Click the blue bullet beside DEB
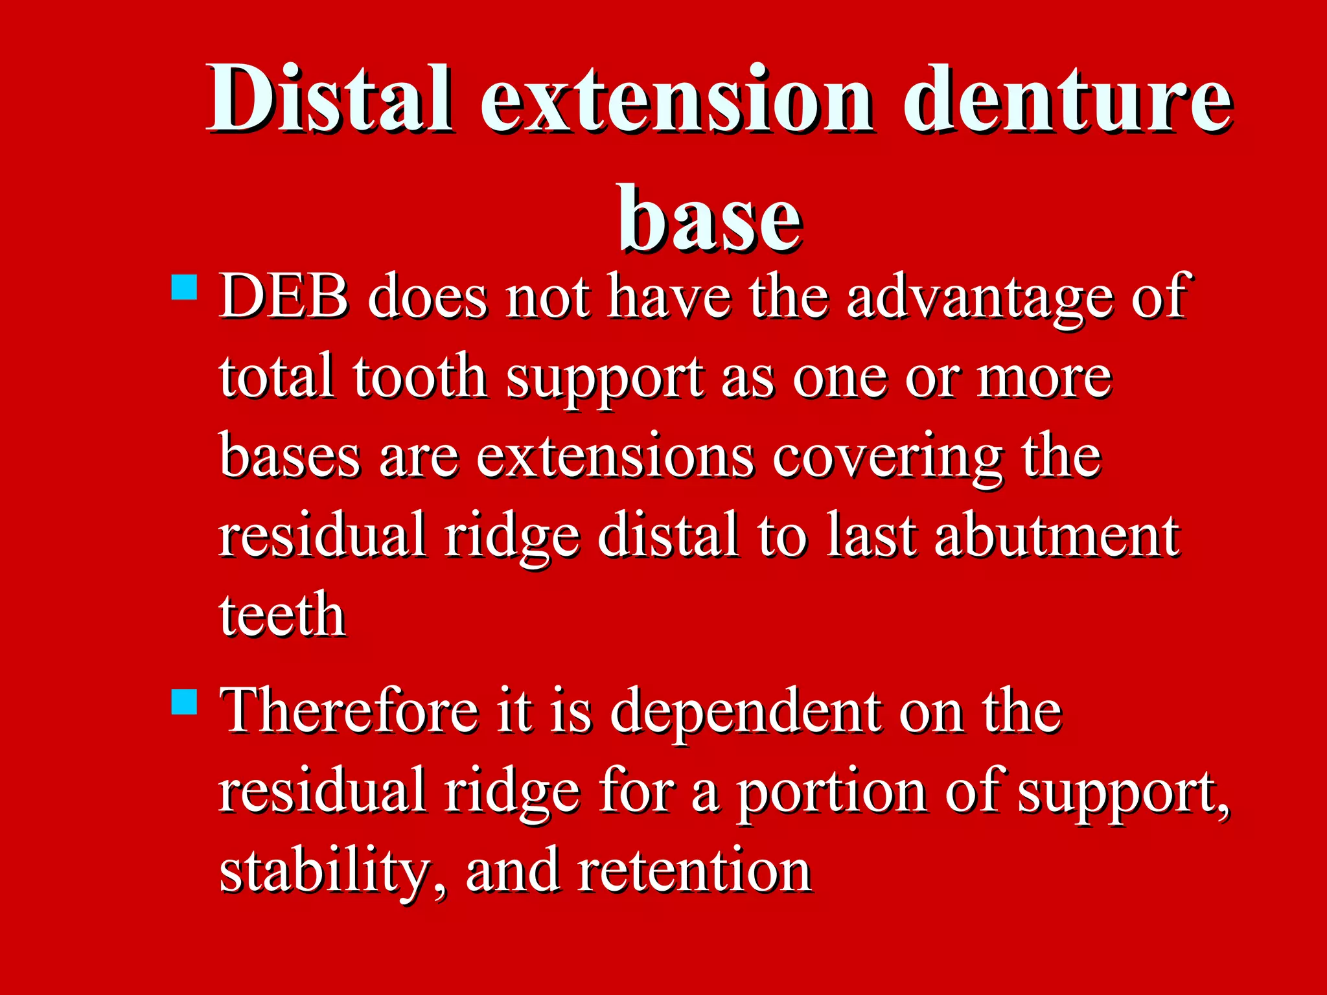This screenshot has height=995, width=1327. click(x=185, y=287)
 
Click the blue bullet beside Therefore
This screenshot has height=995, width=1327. click(x=185, y=702)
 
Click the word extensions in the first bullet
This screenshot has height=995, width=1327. click(x=615, y=457)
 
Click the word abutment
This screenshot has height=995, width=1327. click(x=1057, y=536)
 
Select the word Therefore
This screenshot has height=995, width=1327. click(x=349, y=711)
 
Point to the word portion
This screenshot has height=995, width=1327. click(x=832, y=793)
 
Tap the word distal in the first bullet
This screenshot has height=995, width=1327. click(x=667, y=536)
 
